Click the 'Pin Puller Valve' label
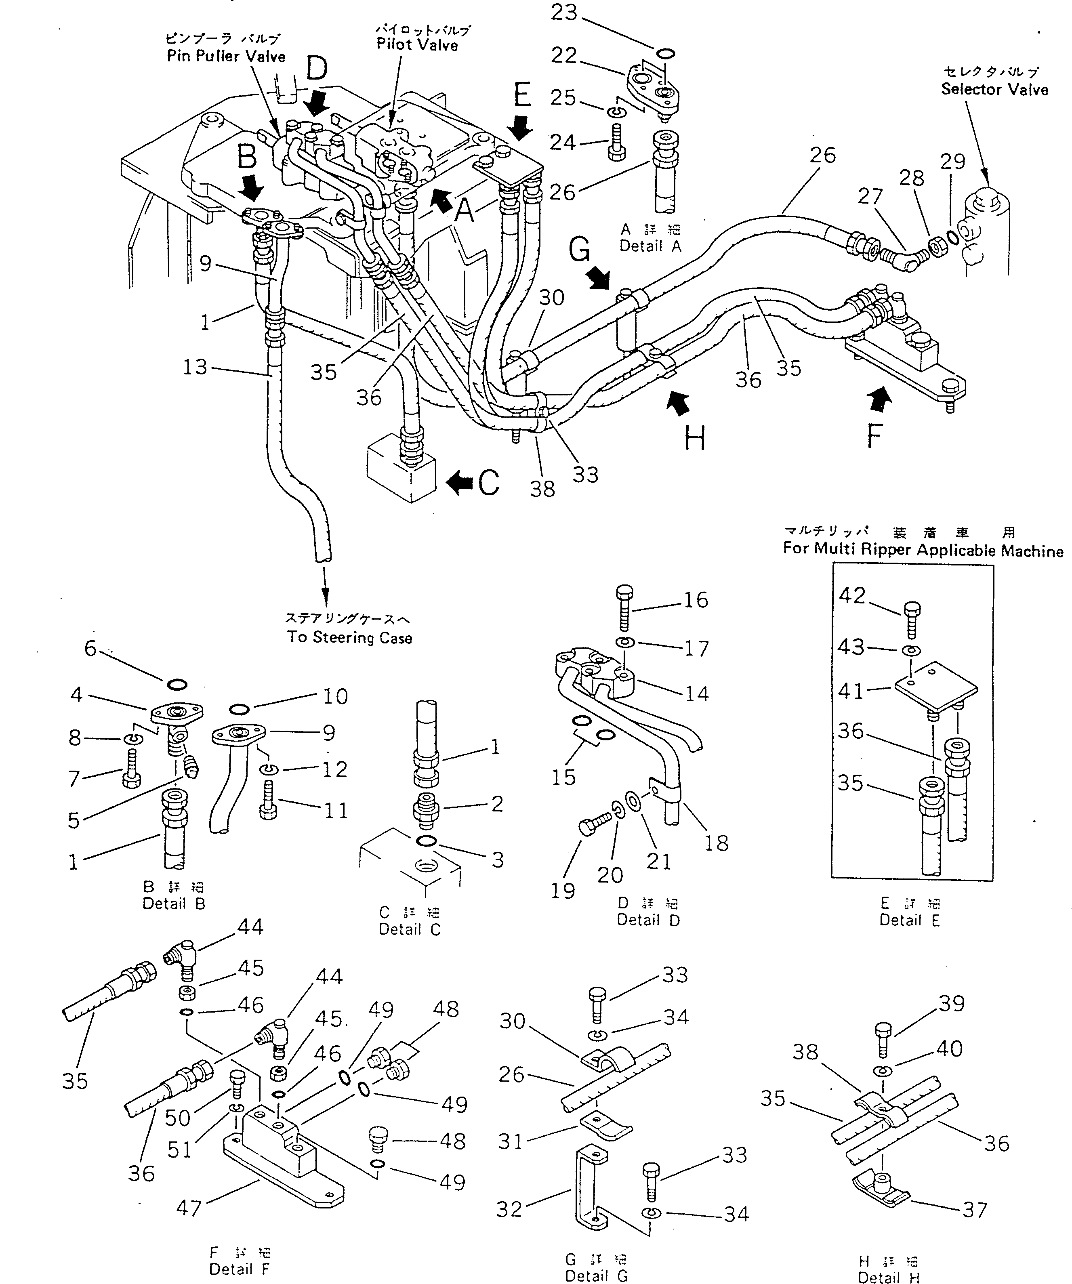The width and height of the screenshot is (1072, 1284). click(226, 56)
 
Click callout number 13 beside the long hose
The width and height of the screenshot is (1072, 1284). click(195, 368)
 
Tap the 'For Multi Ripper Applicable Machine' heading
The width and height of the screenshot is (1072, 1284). click(923, 550)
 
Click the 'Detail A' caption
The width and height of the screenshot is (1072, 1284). click(650, 246)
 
